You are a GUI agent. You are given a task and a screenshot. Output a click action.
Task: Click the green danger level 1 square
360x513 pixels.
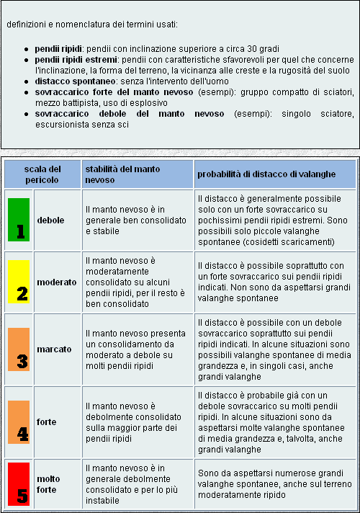pos(19,220)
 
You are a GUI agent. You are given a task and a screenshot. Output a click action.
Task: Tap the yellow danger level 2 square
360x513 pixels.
pos(19,282)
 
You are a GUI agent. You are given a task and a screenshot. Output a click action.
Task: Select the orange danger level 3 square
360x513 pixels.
pos(19,349)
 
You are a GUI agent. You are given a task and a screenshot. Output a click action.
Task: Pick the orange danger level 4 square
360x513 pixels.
pos(19,421)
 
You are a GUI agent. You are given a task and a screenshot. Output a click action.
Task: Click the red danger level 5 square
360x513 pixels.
pos(19,483)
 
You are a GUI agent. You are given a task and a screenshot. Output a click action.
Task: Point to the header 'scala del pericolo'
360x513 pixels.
pos(42,174)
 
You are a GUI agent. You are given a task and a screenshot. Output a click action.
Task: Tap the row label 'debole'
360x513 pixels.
pos(50,220)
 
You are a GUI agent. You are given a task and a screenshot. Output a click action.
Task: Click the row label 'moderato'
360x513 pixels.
pos(57,282)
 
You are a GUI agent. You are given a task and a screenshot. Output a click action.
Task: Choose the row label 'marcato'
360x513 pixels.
pos(54,349)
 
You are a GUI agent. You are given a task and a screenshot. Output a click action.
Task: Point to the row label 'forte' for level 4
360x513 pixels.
pos(47,421)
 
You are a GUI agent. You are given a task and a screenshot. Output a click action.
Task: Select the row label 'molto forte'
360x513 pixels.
pos(49,483)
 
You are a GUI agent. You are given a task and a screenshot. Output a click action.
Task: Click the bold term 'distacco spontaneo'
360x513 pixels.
pos(66,81)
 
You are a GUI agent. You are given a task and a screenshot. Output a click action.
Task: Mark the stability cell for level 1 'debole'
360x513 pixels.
pos(135,220)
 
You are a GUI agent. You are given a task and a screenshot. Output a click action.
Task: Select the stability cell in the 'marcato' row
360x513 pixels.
pos(135,349)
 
